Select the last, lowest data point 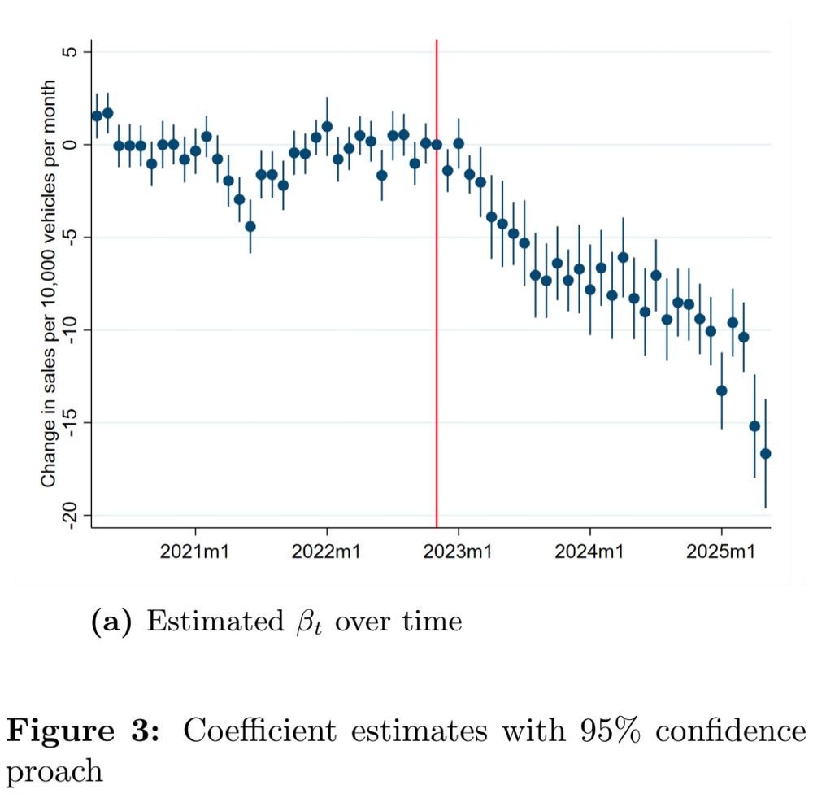coord(765,453)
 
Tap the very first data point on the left coord(97,116)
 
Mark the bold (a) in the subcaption coord(108,622)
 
